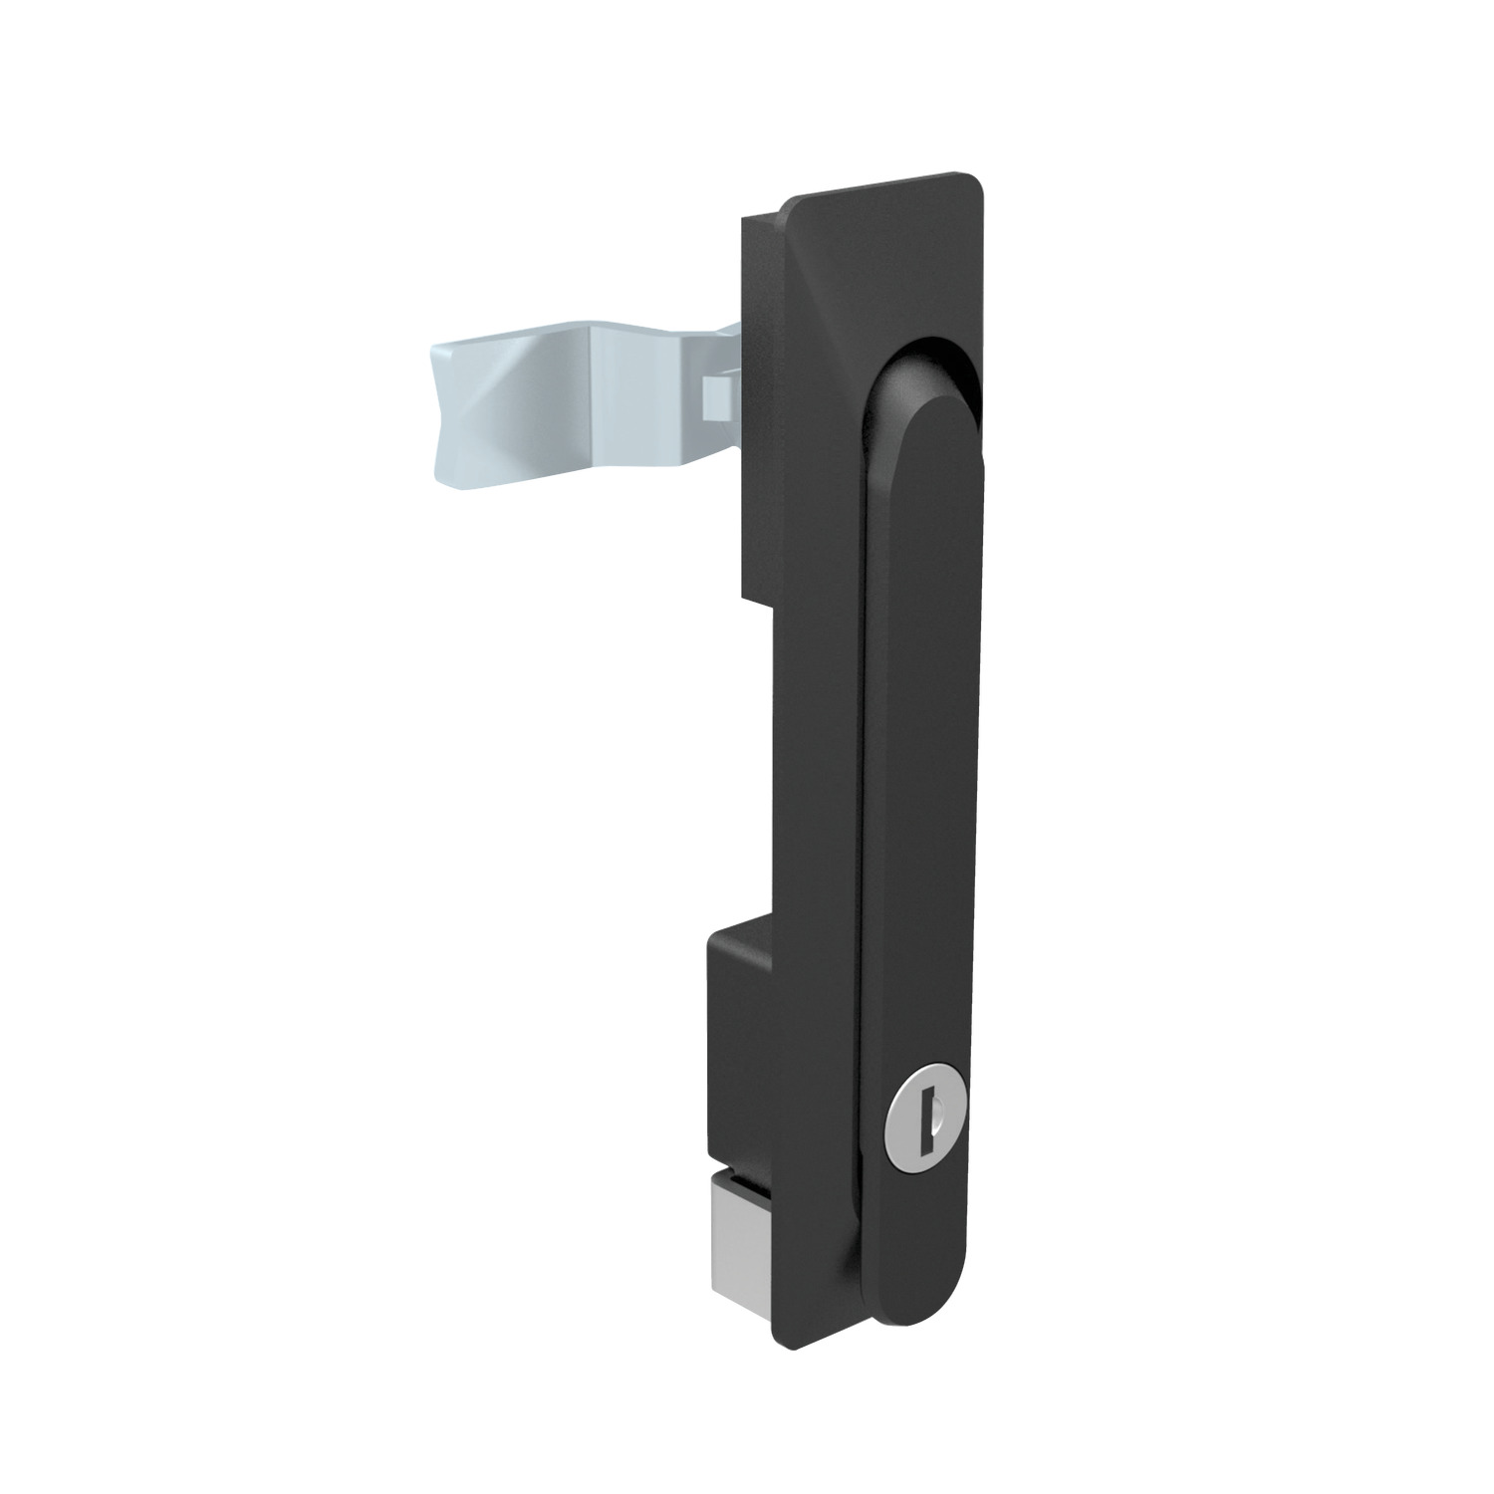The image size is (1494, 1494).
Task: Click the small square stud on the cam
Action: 716,397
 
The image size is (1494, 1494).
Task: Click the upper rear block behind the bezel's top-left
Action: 757,398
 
